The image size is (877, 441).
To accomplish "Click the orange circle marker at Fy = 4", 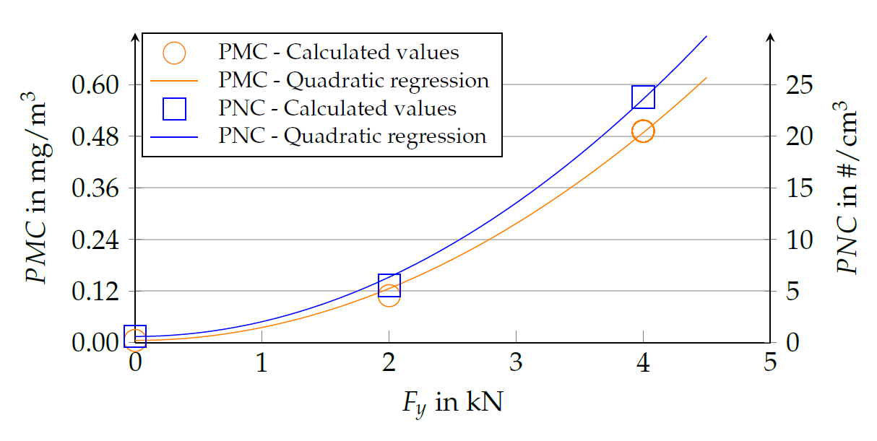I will [642, 131].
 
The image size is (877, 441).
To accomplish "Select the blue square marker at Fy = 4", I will [643, 97].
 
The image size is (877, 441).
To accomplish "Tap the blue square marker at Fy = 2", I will [389, 286].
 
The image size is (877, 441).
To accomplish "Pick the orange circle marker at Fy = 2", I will [389, 294].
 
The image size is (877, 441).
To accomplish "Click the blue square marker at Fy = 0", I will [135, 336].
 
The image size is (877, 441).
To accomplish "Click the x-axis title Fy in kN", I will [452, 402].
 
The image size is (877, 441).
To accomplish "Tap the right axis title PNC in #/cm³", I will [847, 192].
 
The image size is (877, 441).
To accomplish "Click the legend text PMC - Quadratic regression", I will [354, 80].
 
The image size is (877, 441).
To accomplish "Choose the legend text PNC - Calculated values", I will [337, 108].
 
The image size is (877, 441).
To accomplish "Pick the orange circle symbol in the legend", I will [174, 53].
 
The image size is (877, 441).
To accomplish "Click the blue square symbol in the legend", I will [174, 108].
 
